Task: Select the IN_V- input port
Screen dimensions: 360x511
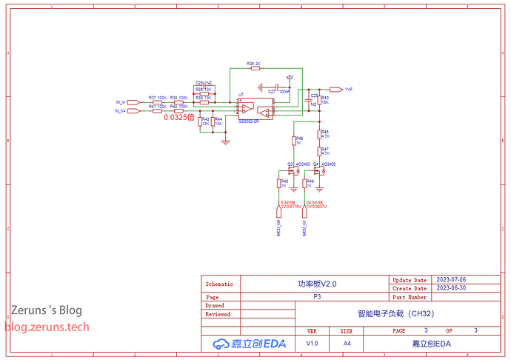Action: (x=121, y=101)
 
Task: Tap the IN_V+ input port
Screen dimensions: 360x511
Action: (x=121, y=110)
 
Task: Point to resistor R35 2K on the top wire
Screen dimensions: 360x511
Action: (x=254, y=68)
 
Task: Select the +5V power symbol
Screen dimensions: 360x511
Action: (x=290, y=76)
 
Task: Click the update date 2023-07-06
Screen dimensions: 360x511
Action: (x=451, y=280)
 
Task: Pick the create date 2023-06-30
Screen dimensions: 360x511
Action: (x=451, y=287)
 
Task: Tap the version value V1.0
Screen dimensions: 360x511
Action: (x=313, y=344)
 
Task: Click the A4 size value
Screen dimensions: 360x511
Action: (x=347, y=344)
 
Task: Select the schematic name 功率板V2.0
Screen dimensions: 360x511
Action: (x=317, y=284)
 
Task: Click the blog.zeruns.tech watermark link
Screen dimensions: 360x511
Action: (x=47, y=326)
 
